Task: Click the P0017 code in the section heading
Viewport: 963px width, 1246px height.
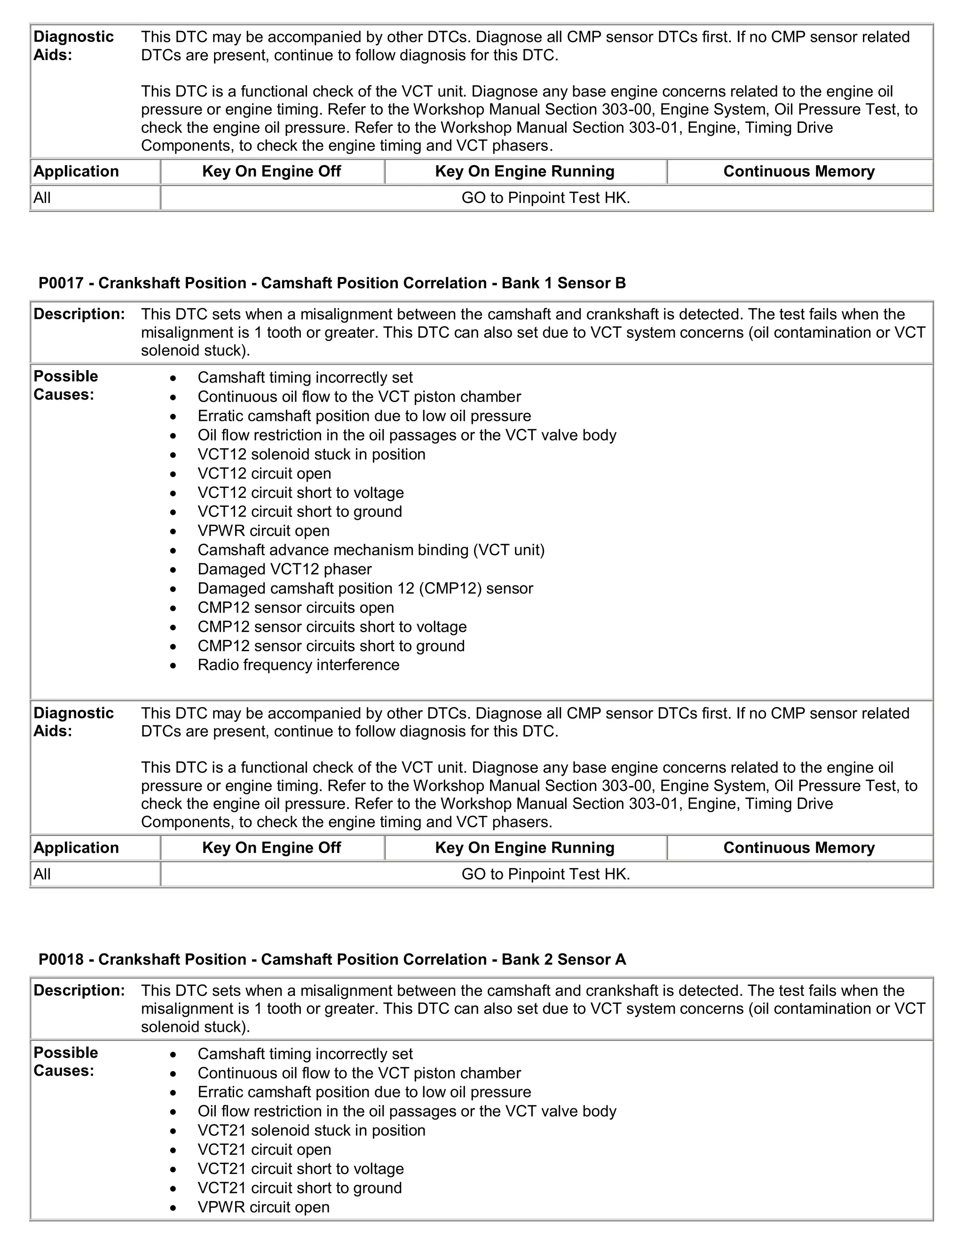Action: coord(61,283)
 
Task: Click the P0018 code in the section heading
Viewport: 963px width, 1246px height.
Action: coord(61,959)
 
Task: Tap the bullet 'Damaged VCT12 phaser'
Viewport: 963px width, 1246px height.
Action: coord(284,569)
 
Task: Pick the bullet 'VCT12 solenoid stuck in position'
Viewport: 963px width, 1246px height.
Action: coord(311,454)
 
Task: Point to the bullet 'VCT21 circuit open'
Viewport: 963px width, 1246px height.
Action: coord(264,1150)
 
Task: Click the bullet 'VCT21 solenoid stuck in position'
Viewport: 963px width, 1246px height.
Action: coord(311,1130)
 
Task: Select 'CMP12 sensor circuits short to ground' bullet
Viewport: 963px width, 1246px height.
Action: coord(331,646)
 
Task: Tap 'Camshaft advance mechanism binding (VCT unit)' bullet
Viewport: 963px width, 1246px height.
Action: coord(371,550)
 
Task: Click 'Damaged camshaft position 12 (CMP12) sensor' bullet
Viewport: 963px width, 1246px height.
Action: coord(365,588)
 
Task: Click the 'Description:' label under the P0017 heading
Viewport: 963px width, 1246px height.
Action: coord(79,315)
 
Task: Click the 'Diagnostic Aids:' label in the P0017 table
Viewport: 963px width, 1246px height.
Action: coord(73,722)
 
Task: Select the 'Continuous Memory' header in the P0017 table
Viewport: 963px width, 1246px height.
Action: coord(799,848)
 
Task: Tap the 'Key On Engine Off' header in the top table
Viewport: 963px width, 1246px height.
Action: coord(272,172)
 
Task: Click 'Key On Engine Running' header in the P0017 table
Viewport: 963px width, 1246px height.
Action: coord(524,848)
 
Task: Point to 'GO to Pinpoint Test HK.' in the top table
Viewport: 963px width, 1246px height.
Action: coord(545,198)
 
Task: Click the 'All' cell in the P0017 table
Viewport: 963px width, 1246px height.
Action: coord(42,874)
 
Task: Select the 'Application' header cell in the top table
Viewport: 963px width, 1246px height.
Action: coord(76,172)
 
